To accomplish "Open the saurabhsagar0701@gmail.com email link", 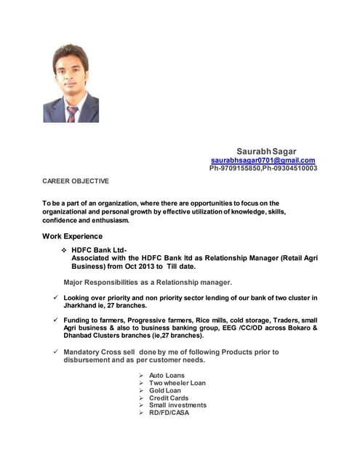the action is tap(263, 160).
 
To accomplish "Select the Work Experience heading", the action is tap(72, 236).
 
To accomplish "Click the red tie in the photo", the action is tap(72, 112).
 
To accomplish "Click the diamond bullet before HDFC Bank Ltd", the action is tap(64, 249).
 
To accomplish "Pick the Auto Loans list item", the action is tap(167, 376).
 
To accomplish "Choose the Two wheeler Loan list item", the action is tap(177, 383).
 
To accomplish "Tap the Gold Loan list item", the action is tap(165, 390).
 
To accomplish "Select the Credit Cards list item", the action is tap(169, 398).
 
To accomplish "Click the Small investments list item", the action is tap(177, 405).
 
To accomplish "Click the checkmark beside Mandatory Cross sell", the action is tap(46, 352).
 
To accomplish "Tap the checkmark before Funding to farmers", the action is tap(46, 320).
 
